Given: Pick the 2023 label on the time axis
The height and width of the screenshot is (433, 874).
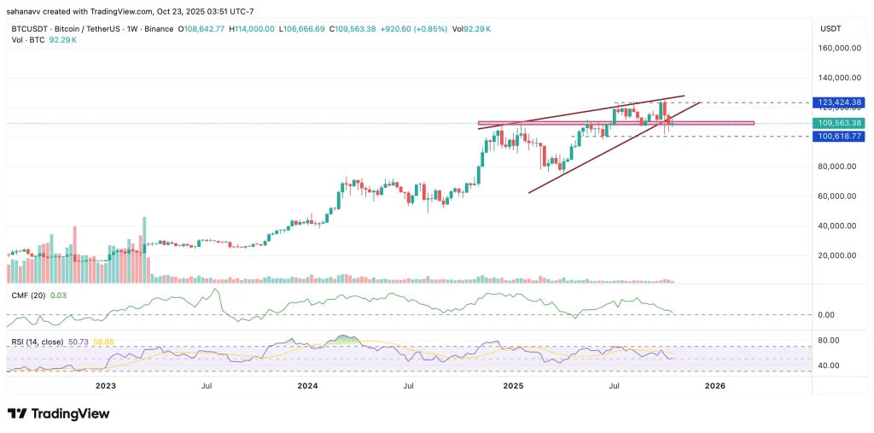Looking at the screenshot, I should (105, 386).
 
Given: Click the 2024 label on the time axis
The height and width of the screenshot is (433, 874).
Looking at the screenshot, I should (307, 386).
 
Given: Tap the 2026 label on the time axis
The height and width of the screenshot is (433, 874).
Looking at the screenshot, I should (714, 386).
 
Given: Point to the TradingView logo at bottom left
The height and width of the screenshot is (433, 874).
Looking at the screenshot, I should (59, 413).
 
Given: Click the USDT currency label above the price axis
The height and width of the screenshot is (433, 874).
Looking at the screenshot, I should (830, 28).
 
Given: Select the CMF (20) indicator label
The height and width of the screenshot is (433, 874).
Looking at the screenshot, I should (28, 295).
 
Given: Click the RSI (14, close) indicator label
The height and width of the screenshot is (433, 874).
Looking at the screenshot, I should (39, 342).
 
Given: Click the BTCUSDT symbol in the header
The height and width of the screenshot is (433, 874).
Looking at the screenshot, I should (28, 28).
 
